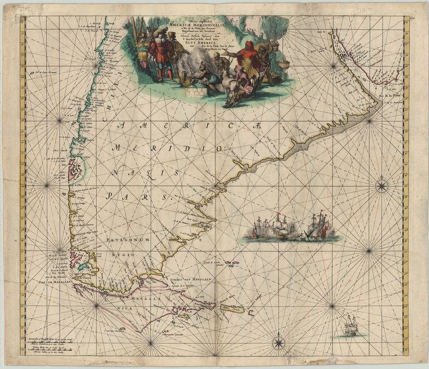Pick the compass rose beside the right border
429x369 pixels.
pyautogui.click(x=382, y=187)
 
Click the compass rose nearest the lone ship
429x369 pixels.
pyautogui.click(x=279, y=342)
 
